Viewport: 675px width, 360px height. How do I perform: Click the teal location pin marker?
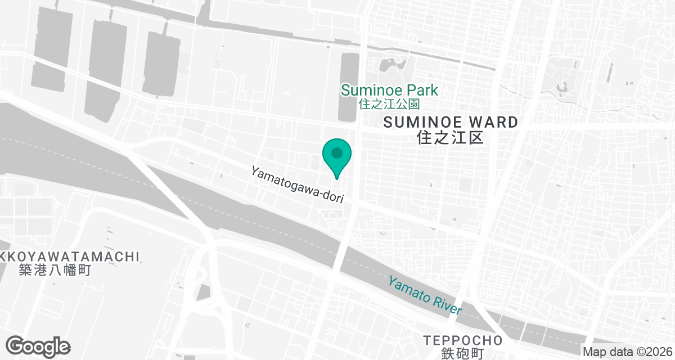pyautogui.click(x=337, y=157)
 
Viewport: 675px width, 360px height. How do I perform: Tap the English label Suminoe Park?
pyautogui.click(x=389, y=90)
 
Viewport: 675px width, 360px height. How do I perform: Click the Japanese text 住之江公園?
pyautogui.click(x=389, y=104)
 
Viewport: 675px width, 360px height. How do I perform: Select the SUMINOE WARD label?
pyautogui.click(x=450, y=122)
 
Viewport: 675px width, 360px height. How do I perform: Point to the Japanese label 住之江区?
pyautogui.click(x=451, y=137)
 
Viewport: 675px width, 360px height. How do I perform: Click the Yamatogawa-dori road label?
pyautogui.click(x=297, y=183)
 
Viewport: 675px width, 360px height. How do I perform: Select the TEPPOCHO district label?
pyautogui.click(x=463, y=340)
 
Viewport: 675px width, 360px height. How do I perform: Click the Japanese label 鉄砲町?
pyautogui.click(x=463, y=354)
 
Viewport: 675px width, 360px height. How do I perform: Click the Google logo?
pyautogui.click(x=38, y=346)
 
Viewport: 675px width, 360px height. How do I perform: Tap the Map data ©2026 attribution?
pyautogui.click(x=627, y=352)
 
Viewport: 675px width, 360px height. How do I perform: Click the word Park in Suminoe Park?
pyautogui.click(x=424, y=90)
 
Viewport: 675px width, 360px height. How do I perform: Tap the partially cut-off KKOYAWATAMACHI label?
pyautogui.click(x=69, y=256)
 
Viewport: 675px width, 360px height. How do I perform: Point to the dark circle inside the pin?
pyautogui.click(x=337, y=152)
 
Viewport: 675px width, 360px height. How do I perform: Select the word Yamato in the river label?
pyautogui.click(x=408, y=287)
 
